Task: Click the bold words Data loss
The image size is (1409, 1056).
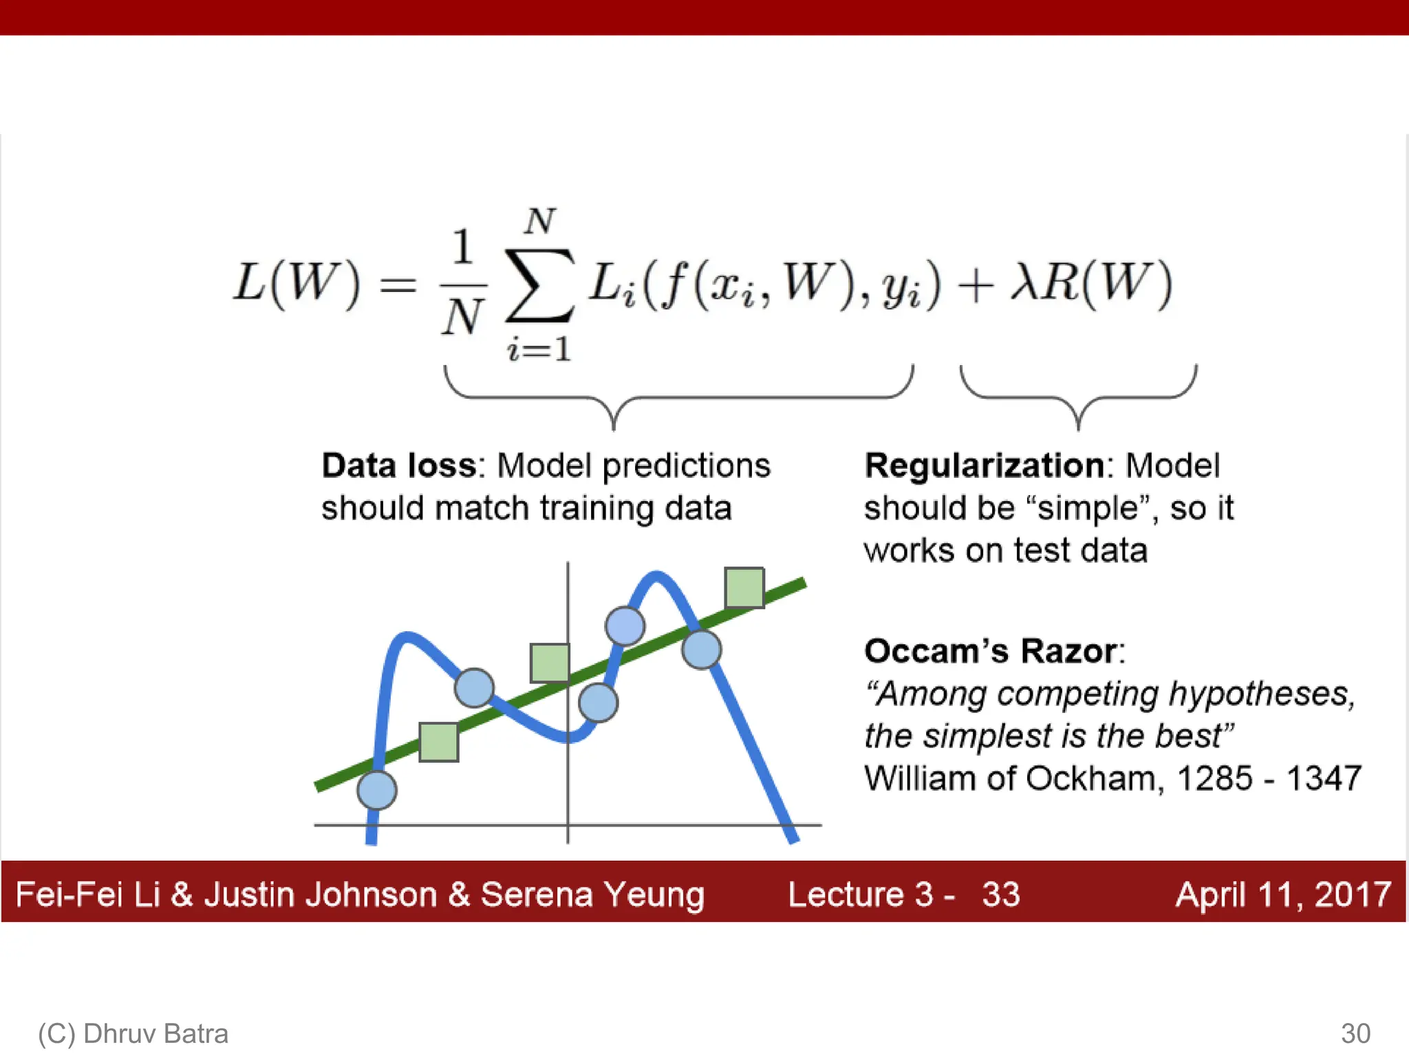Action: [x=399, y=465]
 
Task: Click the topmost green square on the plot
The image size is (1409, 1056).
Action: [x=744, y=588]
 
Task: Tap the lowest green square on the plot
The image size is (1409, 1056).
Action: [x=439, y=742]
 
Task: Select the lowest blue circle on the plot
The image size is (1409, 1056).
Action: [x=377, y=790]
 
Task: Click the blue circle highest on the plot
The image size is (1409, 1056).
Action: [x=625, y=626]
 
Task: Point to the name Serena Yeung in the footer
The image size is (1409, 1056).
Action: [x=592, y=894]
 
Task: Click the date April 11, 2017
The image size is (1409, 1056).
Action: [x=1283, y=894]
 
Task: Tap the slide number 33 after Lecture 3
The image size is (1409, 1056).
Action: [x=1000, y=894]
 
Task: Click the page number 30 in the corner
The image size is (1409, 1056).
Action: [x=1355, y=1033]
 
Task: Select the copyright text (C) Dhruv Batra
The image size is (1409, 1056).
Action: [x=133, y=1033]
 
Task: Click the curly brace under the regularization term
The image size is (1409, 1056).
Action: [x=1078, y=399]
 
